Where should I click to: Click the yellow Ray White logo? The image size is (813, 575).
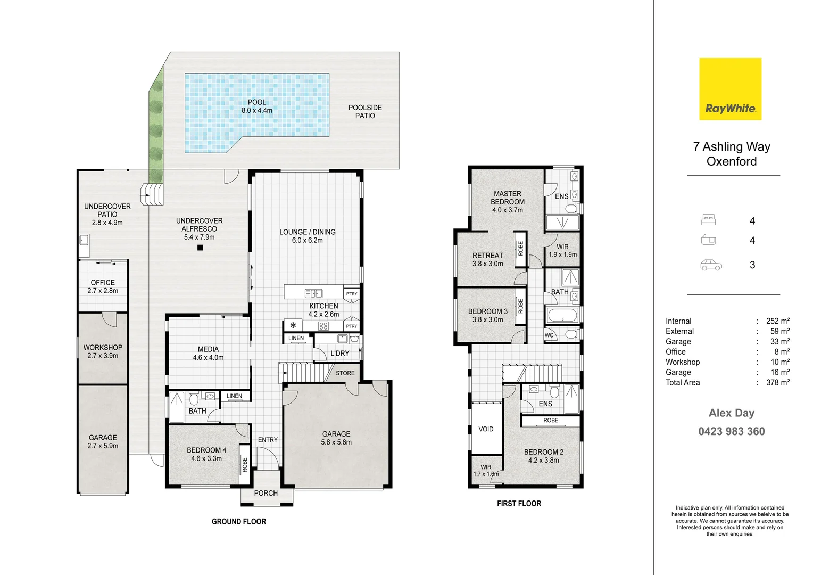click(730, 89)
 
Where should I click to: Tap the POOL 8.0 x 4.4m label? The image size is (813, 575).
click(257, 106)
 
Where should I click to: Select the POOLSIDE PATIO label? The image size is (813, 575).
click(365, 111)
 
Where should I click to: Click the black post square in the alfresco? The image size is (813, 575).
click(200, 248)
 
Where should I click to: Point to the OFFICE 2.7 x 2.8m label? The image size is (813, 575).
click(103, 286)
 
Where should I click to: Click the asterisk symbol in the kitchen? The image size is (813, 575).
click(293, 325)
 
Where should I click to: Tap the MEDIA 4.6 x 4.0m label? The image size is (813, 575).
click(208, 353)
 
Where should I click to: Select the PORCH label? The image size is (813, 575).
click(266, 493)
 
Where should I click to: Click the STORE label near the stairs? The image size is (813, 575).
click(345, 373)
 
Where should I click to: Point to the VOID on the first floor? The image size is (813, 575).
click(486, 429)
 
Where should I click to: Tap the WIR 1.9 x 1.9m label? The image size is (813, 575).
click(562, 251)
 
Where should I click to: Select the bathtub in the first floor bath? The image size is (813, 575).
click(562, 315)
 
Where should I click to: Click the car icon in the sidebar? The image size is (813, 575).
click(711, 265)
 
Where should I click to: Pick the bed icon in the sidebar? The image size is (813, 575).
click(709, 219)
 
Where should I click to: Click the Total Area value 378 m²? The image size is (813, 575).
click(778, 382)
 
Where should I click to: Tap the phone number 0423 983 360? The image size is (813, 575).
click(732, 431)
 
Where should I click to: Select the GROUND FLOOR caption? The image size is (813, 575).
click(239, 522)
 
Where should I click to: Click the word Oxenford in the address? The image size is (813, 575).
click(732, 161)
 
